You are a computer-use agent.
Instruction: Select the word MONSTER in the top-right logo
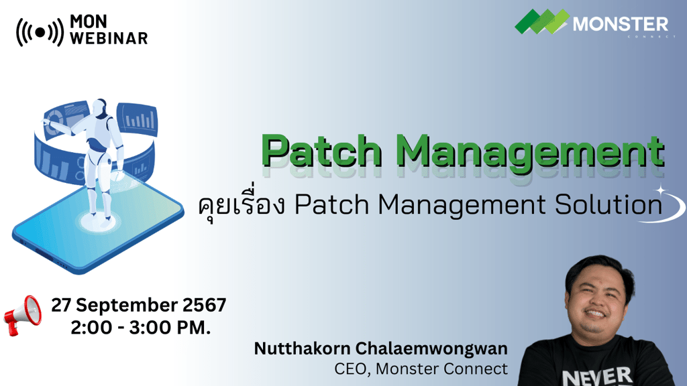(x=621, y=25)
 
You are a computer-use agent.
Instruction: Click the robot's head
(x=100, y=108)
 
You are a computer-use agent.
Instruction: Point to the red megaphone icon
(x=23, y=314)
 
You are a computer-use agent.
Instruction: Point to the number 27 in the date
(x=62, y=306)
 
